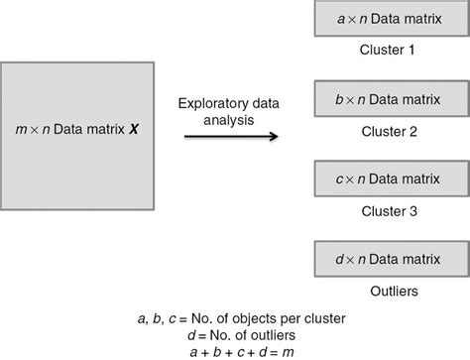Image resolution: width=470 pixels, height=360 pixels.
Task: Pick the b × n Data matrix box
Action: point(391,100)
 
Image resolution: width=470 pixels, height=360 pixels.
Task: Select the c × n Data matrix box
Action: point(391,180)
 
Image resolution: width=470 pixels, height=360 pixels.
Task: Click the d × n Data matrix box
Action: point(391,259)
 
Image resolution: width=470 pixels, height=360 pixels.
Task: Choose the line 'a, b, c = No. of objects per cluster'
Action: point(235,318)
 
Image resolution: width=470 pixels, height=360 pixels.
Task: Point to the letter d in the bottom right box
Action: point(340,259)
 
